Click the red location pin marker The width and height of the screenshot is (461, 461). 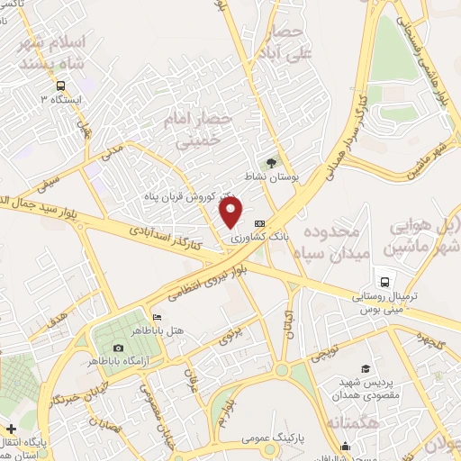click(x=231, y=212)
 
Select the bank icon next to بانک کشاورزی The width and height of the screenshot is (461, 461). click(x=260, y=223)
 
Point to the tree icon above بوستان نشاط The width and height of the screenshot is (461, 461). click(x=271, y=162)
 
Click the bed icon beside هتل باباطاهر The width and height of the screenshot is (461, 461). click(x=157, y=317)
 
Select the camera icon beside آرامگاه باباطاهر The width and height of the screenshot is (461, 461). click(x=118, y=348)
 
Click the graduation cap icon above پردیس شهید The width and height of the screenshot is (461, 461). click(x=366, y=369)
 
